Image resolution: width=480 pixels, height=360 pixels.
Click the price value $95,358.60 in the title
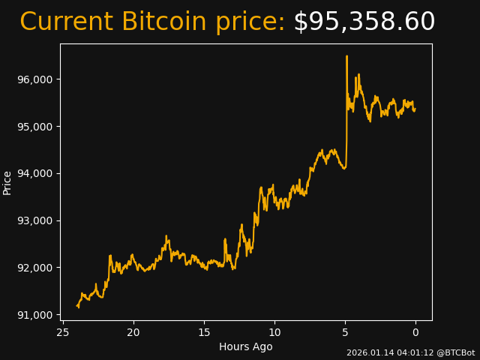(x=364, y=22)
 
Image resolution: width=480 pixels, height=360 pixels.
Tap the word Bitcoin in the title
(x=163, y=22)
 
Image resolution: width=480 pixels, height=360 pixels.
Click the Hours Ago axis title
(x=246, y=346)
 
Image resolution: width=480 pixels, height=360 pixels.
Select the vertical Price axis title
(x=7, y=182)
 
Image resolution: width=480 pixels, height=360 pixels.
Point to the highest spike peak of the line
(x=346, y=56)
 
